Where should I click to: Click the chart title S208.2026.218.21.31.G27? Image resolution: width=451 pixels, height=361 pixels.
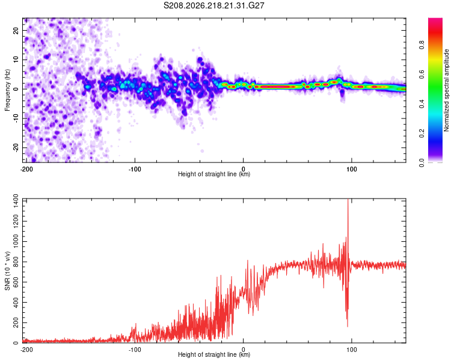coord(213,5)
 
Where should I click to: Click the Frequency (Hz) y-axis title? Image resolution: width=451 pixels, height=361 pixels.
coord(7,90)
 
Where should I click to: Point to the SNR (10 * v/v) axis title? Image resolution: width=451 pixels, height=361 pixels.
coord(7,271)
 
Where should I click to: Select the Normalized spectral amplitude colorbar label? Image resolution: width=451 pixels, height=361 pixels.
coord(446,90)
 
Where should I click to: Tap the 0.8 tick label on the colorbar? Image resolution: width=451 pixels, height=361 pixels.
coord(422,45)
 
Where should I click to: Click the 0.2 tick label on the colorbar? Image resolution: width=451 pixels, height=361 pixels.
coord(422,134)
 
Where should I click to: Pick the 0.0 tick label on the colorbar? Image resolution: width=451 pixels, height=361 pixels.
coord(422,163)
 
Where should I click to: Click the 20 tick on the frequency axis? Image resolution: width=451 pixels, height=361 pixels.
coord(16,30)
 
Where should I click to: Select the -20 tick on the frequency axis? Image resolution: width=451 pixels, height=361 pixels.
coord(16,148)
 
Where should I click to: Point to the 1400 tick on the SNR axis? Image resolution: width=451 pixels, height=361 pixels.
coord(16,201)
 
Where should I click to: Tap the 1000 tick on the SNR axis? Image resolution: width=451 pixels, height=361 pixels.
coord(16,242)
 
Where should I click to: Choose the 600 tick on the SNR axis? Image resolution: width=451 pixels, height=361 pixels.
coord(16,282)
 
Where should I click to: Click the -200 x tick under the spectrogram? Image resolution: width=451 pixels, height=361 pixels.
coord(26,169)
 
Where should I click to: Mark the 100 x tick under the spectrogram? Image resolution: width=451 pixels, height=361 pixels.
coord(352,169)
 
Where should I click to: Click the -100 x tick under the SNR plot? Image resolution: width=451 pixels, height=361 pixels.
coord(135,350)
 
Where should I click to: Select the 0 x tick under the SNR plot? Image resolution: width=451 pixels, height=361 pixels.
coord(244,350)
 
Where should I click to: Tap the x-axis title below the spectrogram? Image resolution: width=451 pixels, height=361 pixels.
coord(214,174)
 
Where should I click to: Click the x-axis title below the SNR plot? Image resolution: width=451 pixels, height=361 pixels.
coord(214,354)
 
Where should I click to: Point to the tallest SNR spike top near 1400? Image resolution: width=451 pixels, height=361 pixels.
coord(348,199)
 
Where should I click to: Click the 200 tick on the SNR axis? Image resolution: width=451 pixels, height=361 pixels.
coord(16,322)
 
